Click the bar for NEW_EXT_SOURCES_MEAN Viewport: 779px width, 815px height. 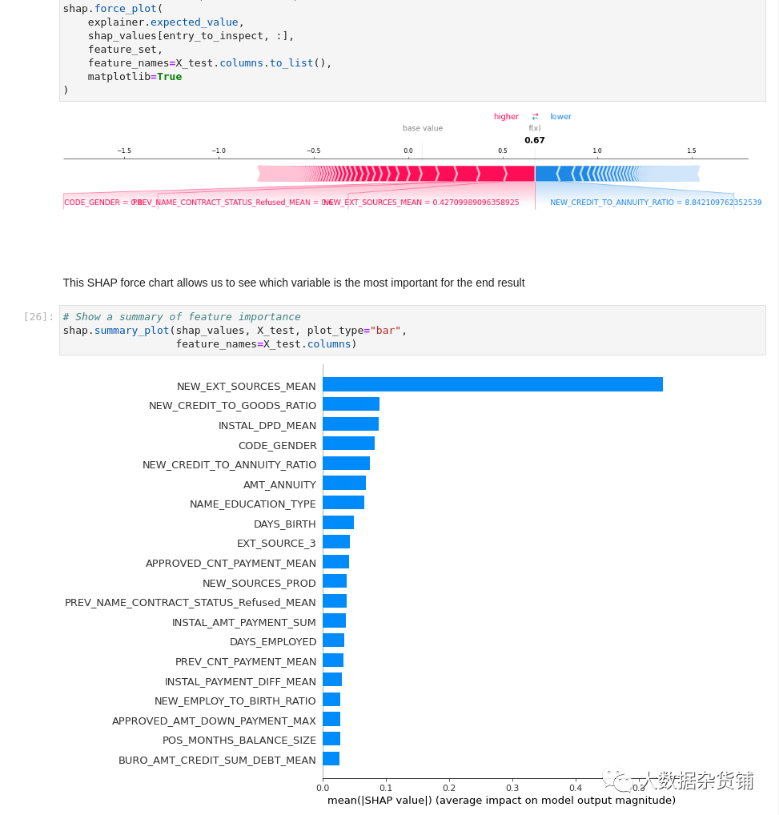coord(492,384)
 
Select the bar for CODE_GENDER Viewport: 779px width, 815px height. coord(348,444)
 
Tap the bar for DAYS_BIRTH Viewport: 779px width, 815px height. coord(338,523)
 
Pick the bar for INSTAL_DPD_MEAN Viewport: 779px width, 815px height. coord(351,424)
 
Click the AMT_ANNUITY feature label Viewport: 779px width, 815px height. coord(279,484)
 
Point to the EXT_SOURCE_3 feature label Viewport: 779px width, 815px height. coord(276,543)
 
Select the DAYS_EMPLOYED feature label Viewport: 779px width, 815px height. coord(273,641)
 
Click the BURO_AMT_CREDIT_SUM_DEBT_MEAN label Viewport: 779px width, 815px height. coord(217,760)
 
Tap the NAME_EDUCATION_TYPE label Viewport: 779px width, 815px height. coord(253,504)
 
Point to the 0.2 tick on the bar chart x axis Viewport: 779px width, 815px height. coord(449,787)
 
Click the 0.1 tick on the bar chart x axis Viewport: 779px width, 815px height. coord(386,787)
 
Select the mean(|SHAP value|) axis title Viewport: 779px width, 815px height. coord(501,800)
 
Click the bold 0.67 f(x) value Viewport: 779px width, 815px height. coord(535,140)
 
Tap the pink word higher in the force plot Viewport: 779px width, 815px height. coord(506,117)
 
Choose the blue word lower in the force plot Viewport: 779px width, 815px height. coord(560,117)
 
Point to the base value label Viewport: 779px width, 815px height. coord(422,128)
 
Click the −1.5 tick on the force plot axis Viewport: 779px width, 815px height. coord(124,151)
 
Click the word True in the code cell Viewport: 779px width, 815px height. coord(169,76)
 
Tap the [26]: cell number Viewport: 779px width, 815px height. coord(38,317)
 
